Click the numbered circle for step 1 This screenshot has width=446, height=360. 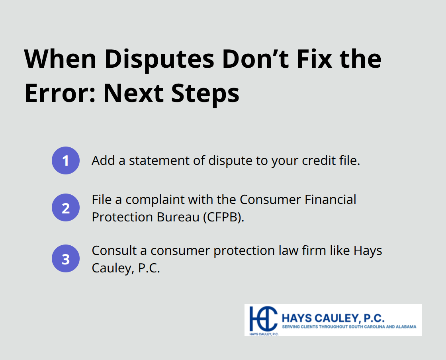66,160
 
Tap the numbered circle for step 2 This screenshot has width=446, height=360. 66,207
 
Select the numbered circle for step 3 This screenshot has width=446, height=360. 66,258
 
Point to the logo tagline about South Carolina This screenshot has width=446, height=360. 349,327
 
